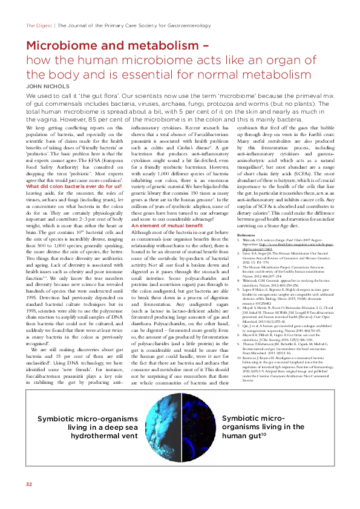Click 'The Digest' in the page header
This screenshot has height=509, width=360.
pos(38,26)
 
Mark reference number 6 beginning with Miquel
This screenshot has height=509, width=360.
pos(284,293)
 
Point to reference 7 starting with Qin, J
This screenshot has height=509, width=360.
pos(284,309)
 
